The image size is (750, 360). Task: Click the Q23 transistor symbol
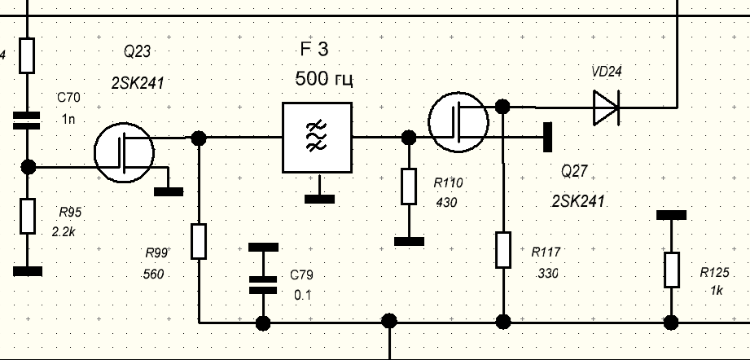pyautogui.click(x=124, y=152)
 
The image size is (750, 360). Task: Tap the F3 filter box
pyautogui.click(x=317, y=138)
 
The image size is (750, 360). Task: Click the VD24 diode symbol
pyautogui.click(x=605, y=107)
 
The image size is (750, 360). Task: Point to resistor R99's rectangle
pyautogui.click(x=199, y=241)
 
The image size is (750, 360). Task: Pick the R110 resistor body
pyautogui.click(x=408, y=186)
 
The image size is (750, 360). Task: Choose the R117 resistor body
pyautogui.click(x=503, y=248)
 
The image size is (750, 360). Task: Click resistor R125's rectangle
pyautogui.click(x=671, y=270)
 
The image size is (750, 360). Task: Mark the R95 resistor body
pyautogui.click(x=28, y=216)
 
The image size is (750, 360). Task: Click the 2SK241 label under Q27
pyautogui.click(x=577, y=200)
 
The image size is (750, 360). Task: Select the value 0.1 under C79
pyautogui.click(x=302, y=294)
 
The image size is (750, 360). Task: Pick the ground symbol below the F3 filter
pyautogui.click(x=317, y=196)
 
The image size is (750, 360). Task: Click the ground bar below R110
pyautogui.click(x=408, y=240)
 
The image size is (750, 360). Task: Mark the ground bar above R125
pyautogui.click(x=671, y=215)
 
